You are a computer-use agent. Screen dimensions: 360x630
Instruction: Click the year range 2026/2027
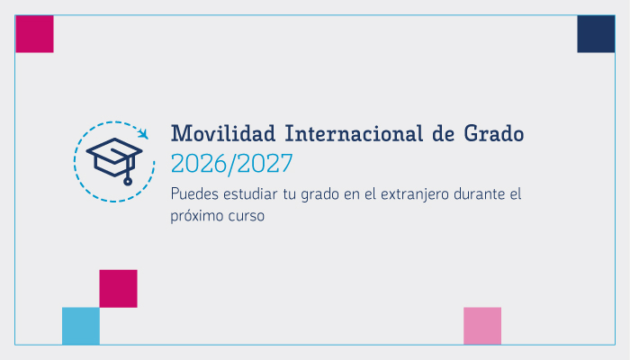point(231,165)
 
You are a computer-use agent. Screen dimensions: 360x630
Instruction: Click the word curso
point(248,217)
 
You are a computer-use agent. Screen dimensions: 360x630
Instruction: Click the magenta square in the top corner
point(34,34)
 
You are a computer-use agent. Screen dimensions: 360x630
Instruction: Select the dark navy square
point(596,34)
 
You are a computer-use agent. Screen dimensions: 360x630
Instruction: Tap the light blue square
point(81,326)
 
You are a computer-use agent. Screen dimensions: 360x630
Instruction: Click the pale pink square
point(482,326)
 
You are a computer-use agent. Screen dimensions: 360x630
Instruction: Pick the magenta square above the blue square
point(118,288)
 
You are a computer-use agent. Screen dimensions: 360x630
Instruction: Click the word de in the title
point(445,135)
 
